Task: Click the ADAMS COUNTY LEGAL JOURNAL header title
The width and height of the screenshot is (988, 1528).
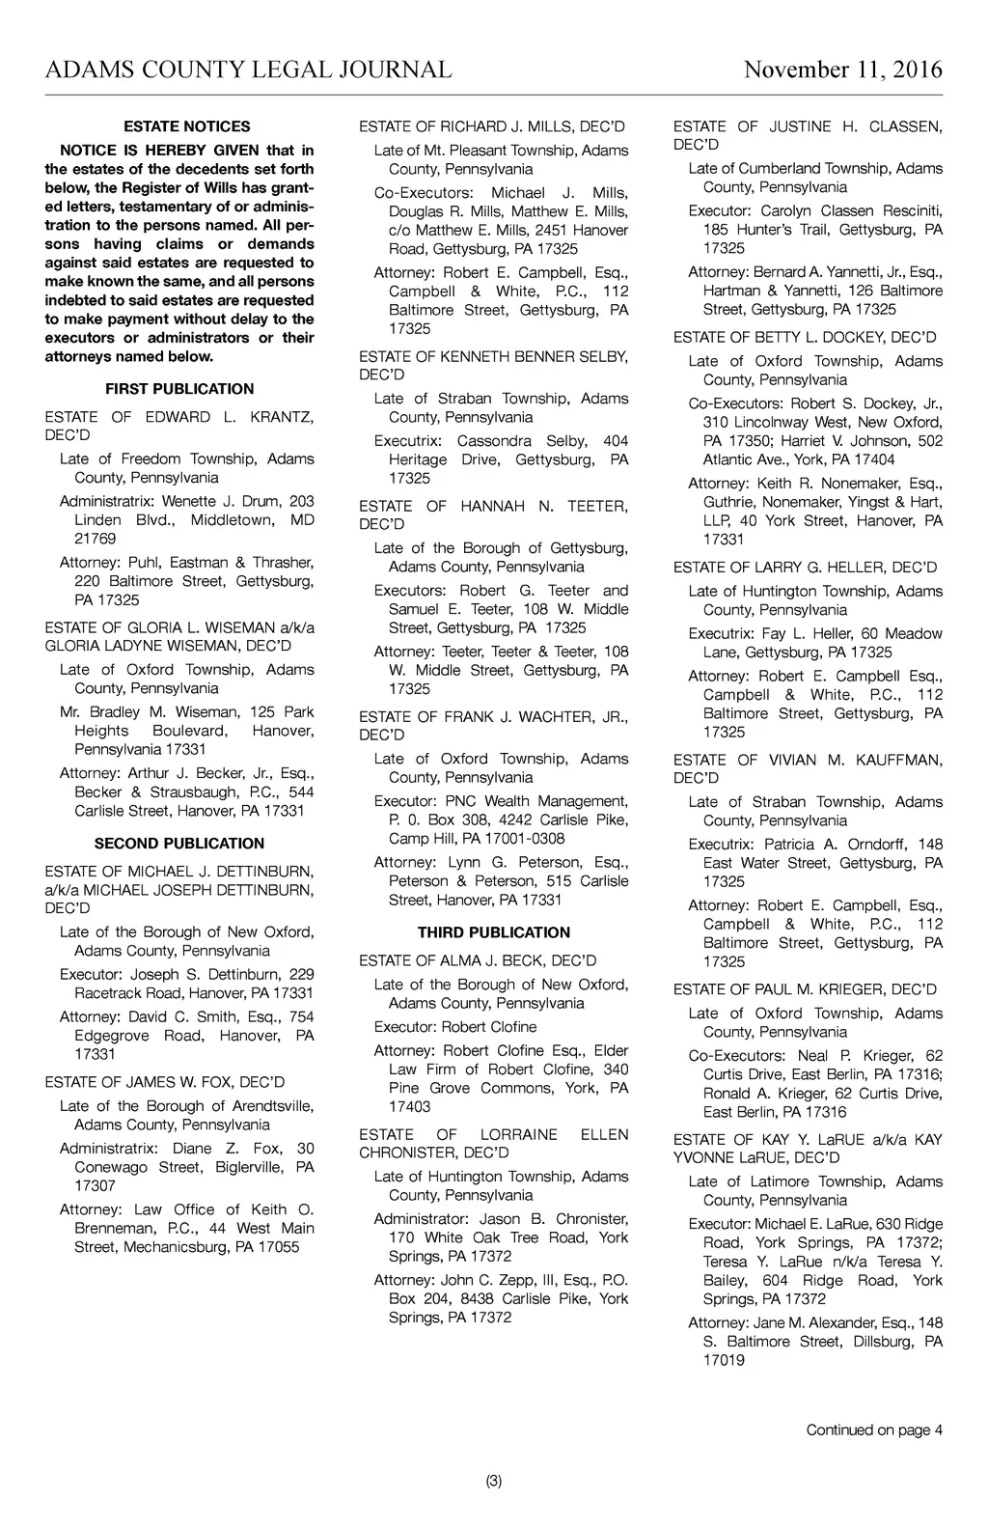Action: [x=248, y=69]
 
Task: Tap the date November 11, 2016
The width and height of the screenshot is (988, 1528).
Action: [x=843, y=69]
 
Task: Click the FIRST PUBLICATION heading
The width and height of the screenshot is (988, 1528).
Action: [x=179, y=389]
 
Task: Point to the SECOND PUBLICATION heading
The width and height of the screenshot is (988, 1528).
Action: [x=179, y=844]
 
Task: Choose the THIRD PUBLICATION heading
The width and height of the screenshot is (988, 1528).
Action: [x=493, y=932]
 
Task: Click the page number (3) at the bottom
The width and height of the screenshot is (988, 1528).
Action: [x=494, y=1482]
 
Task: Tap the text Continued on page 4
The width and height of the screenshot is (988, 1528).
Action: [x=874, y=1431]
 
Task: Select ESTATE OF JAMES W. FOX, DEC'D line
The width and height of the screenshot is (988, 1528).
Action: [x=164, y=1082]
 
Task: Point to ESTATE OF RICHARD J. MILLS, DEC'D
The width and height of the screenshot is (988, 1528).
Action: [x=492, y=126]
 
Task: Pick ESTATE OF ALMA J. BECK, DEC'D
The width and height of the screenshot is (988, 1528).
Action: [x=478, y=960]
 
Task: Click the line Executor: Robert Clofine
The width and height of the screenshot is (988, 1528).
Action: [x=455, y=1027]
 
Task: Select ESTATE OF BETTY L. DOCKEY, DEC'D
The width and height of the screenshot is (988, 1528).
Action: [x=805, y=338]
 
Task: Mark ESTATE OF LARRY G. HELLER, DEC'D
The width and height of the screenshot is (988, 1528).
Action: [x=805, y=568]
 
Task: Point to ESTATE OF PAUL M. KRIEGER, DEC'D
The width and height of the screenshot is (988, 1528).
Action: [x=805, y=989]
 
